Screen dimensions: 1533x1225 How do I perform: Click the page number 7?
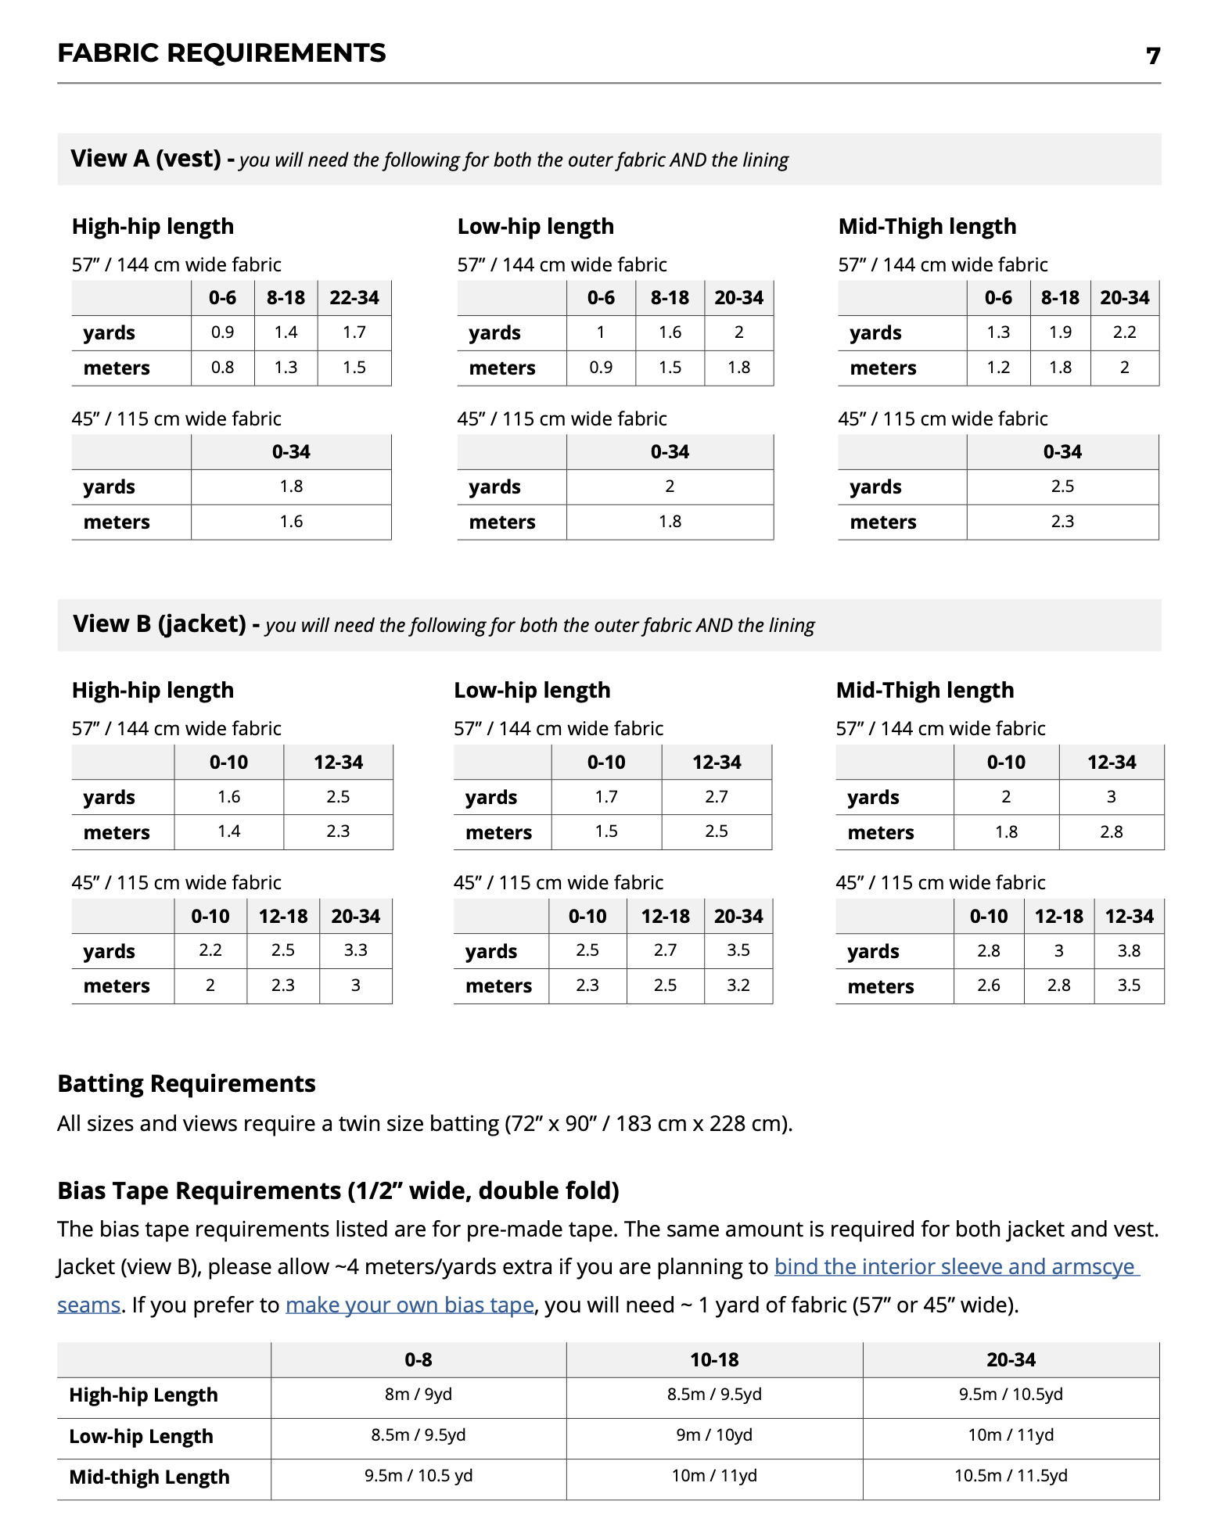(1152, 56)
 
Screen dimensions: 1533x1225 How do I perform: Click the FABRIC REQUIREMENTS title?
(221, 52)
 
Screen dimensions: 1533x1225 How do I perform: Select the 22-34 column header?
(354, 298)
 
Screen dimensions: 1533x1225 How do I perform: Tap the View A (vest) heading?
(146, 159)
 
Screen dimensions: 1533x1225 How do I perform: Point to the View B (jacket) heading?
(160, 624)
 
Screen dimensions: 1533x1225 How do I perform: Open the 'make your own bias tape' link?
(409, 1305)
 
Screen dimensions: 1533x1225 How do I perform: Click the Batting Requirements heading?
(186, 1083)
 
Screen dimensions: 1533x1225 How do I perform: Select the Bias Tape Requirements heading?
(338, 1190)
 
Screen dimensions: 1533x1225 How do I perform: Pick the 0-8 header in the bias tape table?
(418, 1359)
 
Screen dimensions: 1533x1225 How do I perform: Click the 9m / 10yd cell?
(713, 1434)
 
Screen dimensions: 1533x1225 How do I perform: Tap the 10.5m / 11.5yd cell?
(1010, 1475)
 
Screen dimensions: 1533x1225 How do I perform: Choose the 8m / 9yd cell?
(418, 1394)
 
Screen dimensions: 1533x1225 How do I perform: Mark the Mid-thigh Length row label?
(149, 1477)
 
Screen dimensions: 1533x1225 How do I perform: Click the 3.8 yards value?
(1128, 950)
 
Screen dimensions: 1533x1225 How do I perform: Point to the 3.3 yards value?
(355, 950)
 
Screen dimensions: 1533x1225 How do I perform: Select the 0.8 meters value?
(222, 367)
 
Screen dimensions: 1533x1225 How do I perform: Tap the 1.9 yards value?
(1060, 332)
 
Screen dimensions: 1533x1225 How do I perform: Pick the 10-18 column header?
(713, 1359)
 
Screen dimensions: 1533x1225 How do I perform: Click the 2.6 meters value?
(988, 985)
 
